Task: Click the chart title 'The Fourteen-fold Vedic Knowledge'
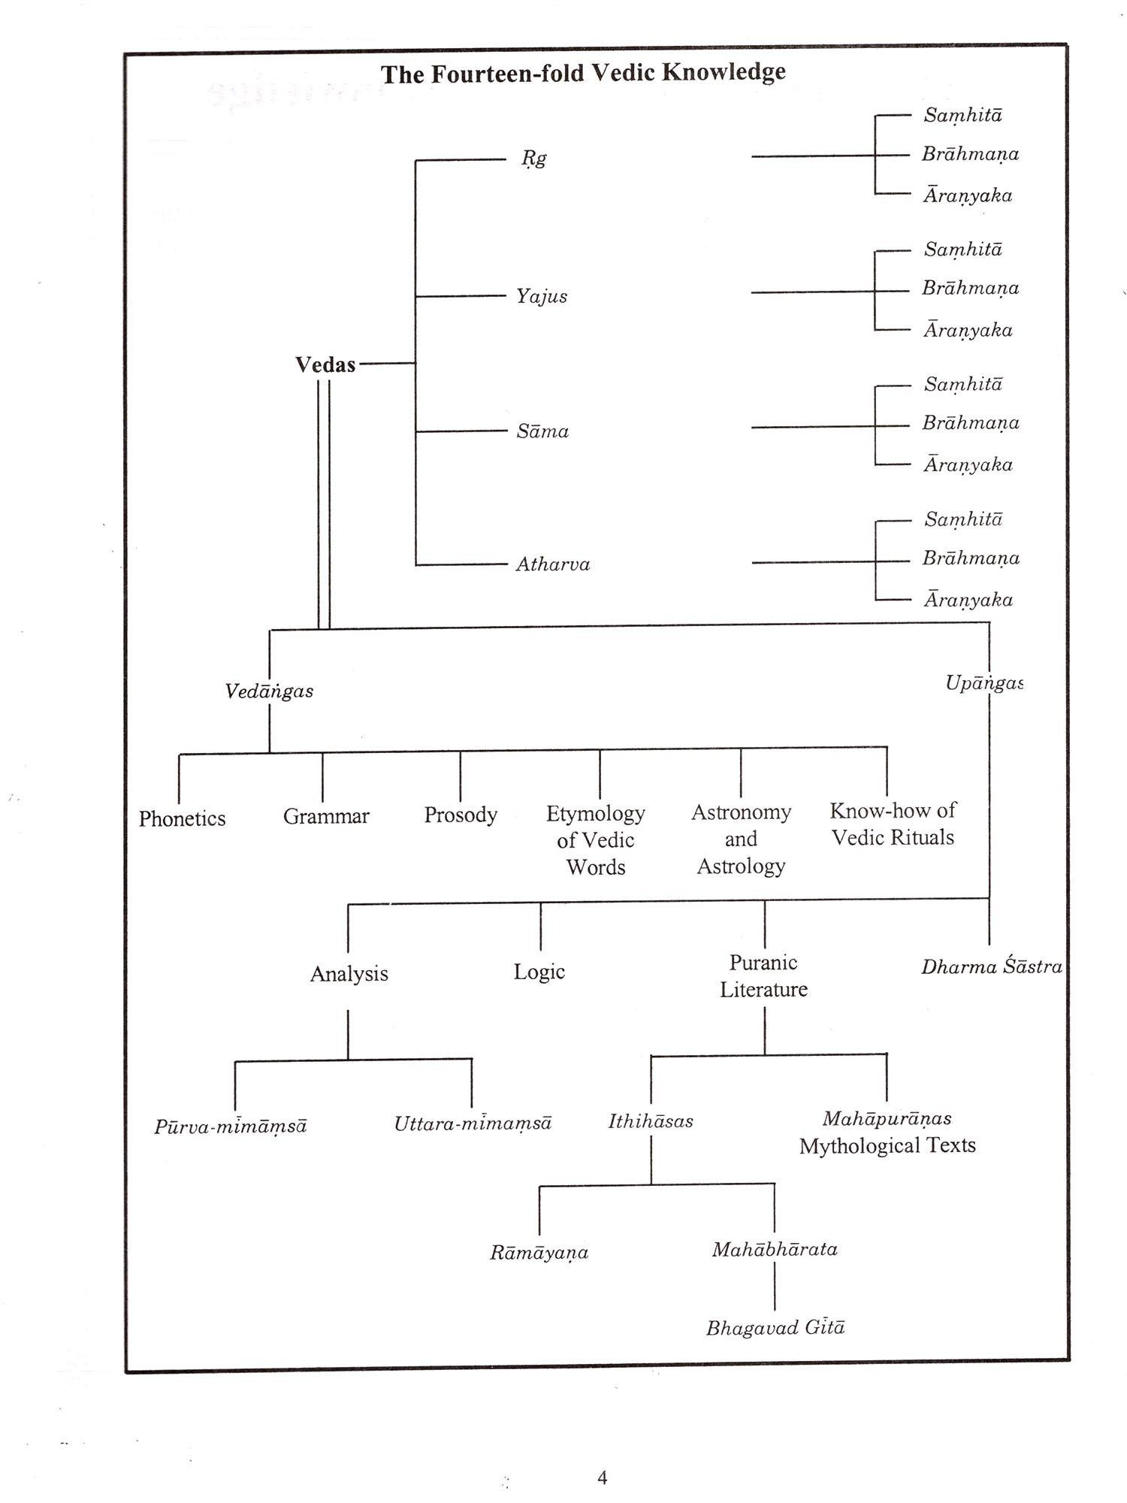click(583, 73)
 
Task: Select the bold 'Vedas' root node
click(325, 365)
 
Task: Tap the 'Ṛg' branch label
click(534, 159)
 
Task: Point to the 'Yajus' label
click(541, 296)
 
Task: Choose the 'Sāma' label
click(542, 431)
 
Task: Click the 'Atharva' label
click(553, 564)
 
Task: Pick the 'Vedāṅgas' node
click(269, 691)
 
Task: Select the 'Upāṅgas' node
click(983, 683)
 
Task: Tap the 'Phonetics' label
click(182, 818)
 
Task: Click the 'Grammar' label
click(326, 816)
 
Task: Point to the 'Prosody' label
click(461, 815)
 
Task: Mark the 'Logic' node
click(539, 972)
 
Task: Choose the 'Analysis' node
click(349, 974)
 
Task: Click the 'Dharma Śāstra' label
click(992, 967)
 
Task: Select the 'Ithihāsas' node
click(651, 1121)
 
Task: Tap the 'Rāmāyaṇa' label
click(539, 1253)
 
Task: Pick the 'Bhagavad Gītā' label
click(775, 1328)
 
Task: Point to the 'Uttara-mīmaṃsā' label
click(473, 1123)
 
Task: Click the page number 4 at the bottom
click(602, 1478)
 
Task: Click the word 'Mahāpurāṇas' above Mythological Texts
click(887, 1119)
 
